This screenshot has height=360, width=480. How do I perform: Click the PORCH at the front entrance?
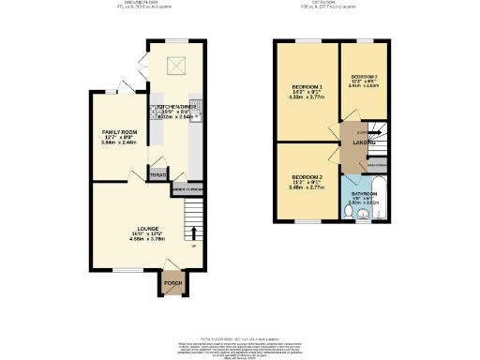click(x=171, y=282)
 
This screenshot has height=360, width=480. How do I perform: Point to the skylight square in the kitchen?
click(x=174, y=66)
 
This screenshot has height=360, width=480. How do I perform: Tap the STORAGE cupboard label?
click(x=158, y=174)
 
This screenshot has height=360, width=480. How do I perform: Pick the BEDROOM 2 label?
click(x=307, y=177)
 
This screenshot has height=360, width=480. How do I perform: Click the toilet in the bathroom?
click(x=348, y=213)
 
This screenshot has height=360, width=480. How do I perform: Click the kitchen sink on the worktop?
click(x=196, y=106)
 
